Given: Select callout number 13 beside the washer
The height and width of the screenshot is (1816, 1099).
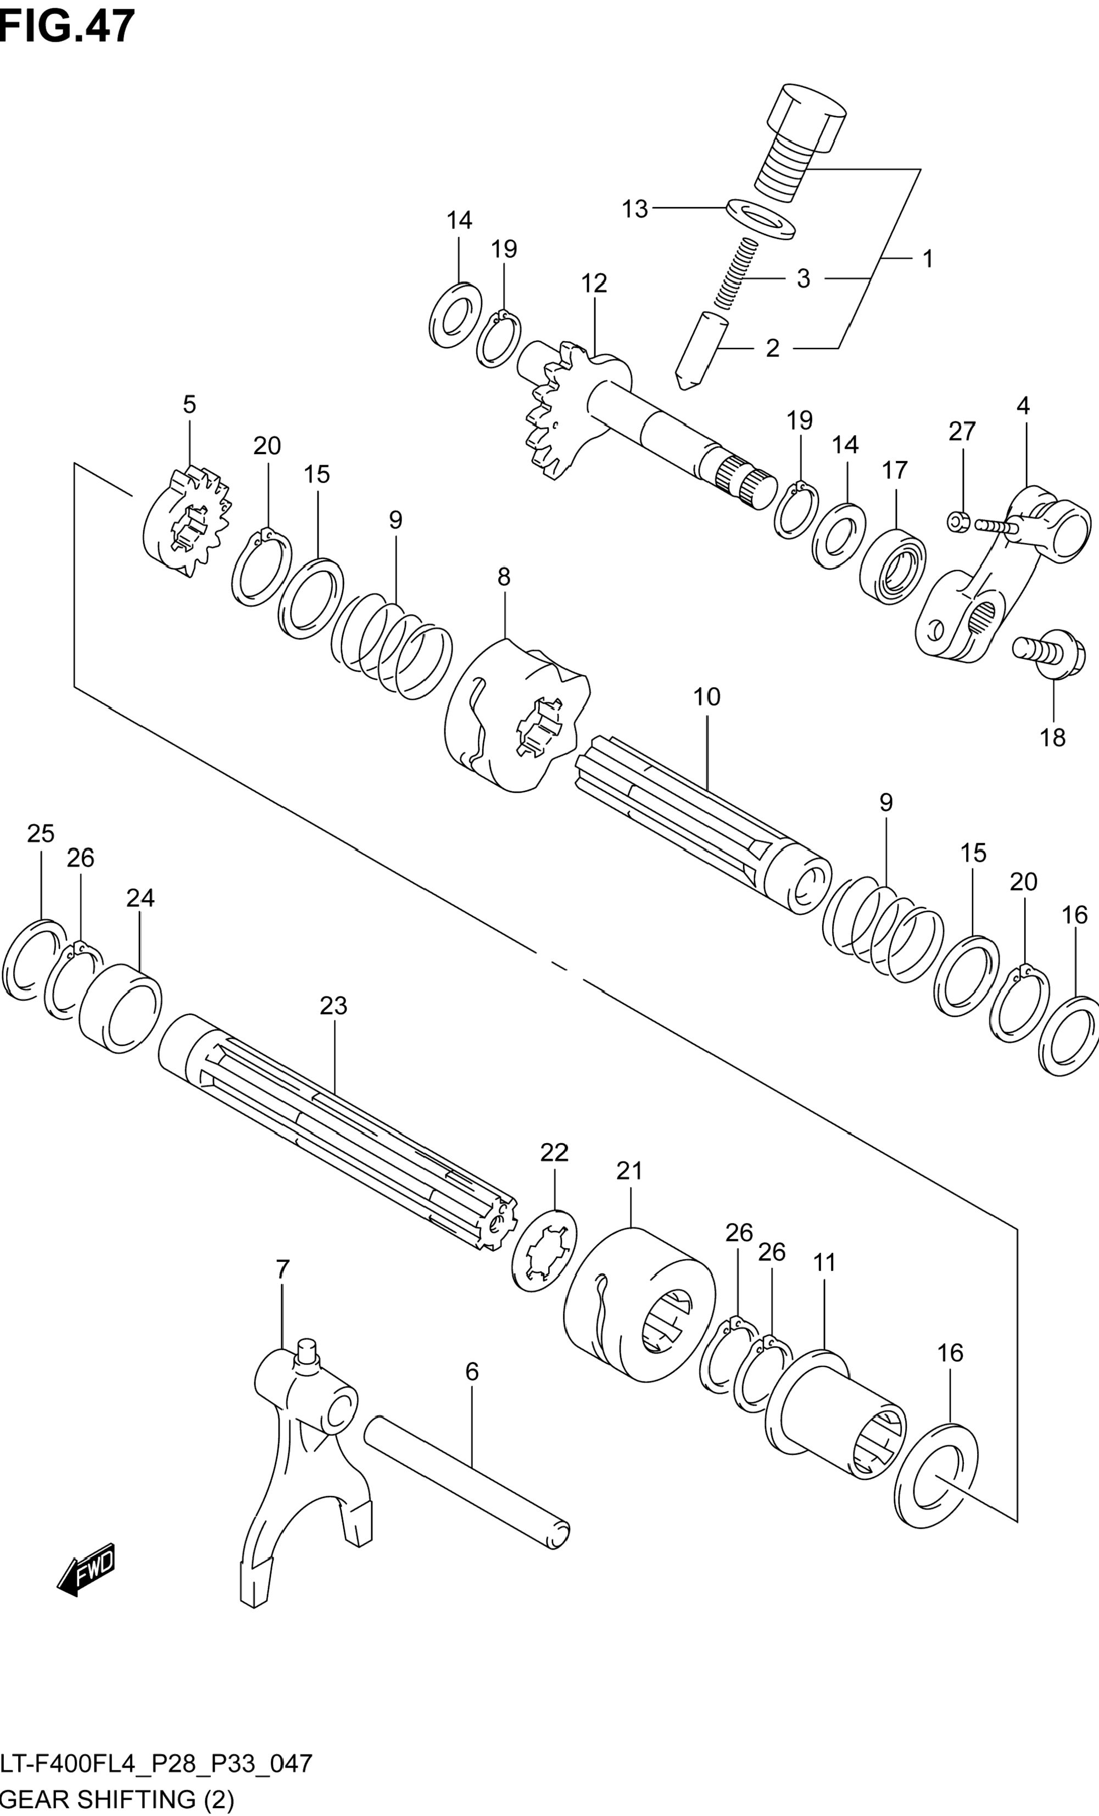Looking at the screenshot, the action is (x=634, y=209).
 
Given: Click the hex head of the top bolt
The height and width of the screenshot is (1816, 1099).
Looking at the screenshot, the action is (x=806, y=118).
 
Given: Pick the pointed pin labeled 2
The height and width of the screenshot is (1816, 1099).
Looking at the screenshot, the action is (x=701, y=350).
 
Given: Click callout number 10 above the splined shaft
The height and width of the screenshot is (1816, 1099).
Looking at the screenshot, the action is (x=706, y=697).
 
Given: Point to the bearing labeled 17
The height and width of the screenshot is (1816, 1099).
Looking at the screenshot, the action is (x=892, y=566).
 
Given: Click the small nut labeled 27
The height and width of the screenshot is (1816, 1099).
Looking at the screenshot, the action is (x=957, y=522).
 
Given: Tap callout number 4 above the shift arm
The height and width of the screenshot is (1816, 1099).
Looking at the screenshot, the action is (x=1022, y=405).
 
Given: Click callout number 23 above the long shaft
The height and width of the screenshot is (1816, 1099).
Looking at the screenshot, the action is (x=333, y=1005).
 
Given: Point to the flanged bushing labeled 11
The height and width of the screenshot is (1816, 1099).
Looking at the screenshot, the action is (x=836, y=1416).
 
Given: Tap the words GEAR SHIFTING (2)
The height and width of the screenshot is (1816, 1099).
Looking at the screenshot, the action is (x=117, y=1800).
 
